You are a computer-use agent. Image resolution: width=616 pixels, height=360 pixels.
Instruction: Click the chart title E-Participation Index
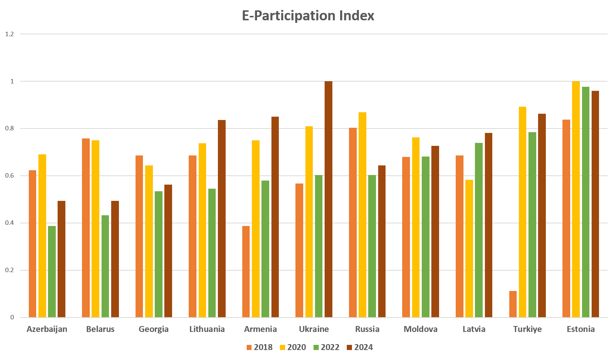[308, 16]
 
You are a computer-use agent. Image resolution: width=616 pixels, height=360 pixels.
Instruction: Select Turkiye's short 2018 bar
[513, 304]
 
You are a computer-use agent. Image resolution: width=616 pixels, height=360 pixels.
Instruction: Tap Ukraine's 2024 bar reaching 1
[328, 199]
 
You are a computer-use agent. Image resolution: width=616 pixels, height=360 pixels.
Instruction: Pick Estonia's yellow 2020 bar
[576, 199]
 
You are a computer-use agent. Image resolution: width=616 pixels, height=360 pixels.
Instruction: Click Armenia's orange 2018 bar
[246, 272]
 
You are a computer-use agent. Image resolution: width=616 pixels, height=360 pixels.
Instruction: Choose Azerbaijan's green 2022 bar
[52, 272]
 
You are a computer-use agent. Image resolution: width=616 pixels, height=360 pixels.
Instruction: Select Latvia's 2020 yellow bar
[469, 248]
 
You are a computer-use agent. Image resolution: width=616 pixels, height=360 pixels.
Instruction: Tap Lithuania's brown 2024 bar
[222, 219]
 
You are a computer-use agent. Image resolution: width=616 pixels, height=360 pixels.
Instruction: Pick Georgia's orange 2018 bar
[139, 236]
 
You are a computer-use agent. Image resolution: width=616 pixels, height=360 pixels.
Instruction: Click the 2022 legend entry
[326, 347]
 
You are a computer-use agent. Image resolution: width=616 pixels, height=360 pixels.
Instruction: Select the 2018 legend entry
[259, 347]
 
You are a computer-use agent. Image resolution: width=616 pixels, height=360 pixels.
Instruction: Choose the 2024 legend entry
[360, 347]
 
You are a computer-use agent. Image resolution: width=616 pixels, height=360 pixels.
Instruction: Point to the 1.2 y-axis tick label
[10, 34]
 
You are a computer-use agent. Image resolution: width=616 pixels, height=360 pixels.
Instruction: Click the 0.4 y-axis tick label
[10, 223]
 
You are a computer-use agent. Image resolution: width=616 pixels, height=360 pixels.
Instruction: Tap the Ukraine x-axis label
[314, 329]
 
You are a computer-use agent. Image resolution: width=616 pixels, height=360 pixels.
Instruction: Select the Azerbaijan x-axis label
[47, 329]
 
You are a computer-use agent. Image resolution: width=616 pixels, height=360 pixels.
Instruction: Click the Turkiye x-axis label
[527, 329]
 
